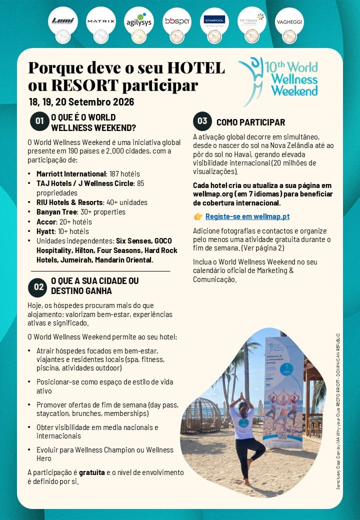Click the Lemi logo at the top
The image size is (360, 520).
tap(62, 20)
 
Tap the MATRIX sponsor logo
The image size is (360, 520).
tap(100, 21)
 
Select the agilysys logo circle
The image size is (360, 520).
tap(138, 21)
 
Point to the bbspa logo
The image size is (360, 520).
tap(176, 21)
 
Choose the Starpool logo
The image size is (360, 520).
tap(214, 20)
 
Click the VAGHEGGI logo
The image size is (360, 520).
tap(289, 21)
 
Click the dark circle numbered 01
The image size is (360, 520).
tap(39, 120)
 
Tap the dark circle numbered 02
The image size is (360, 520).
tap(38, 286)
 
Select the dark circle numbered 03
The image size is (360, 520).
tap(202, 121)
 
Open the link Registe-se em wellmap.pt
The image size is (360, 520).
tap(247, 216)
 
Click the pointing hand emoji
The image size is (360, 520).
tap(198, 216)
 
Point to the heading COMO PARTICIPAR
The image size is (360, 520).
tap(250, 122)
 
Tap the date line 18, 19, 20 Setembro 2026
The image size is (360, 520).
tap(81, 102)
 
